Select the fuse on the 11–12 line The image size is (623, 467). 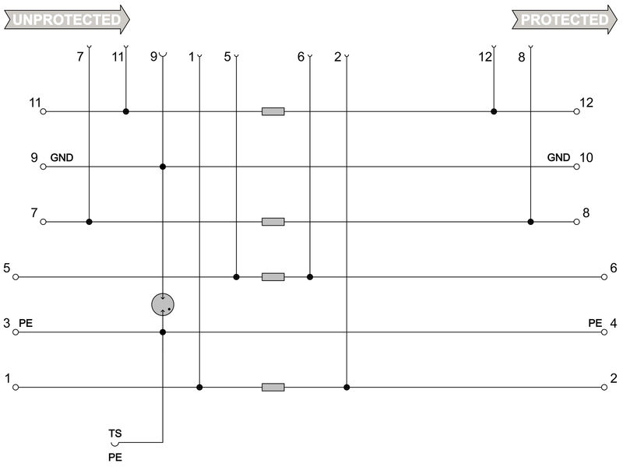(x=273, y=111)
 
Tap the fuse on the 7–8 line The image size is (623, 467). (x=273, y=222)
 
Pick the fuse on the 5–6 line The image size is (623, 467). (x=273, y=276)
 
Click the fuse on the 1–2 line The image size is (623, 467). (x=273, y=387)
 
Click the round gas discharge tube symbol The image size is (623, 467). (x=163, y=304)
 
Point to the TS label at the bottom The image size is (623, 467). (x=114, y=433)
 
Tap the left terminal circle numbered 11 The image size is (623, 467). (x=44, y=111)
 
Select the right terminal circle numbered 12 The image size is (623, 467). (x=577, y=111)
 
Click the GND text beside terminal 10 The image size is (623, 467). (x=558, y=157)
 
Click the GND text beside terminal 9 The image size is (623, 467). (x=62, y=157)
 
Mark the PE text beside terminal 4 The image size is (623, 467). (x=596, y=322)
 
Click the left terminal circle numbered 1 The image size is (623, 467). (x=16, y=387)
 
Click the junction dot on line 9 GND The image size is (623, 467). (x=163, y=167)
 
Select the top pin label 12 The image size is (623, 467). (x=485, y=56)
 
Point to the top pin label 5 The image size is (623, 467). (x=227, y=56)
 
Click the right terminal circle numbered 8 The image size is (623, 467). (x=577, y=222)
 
